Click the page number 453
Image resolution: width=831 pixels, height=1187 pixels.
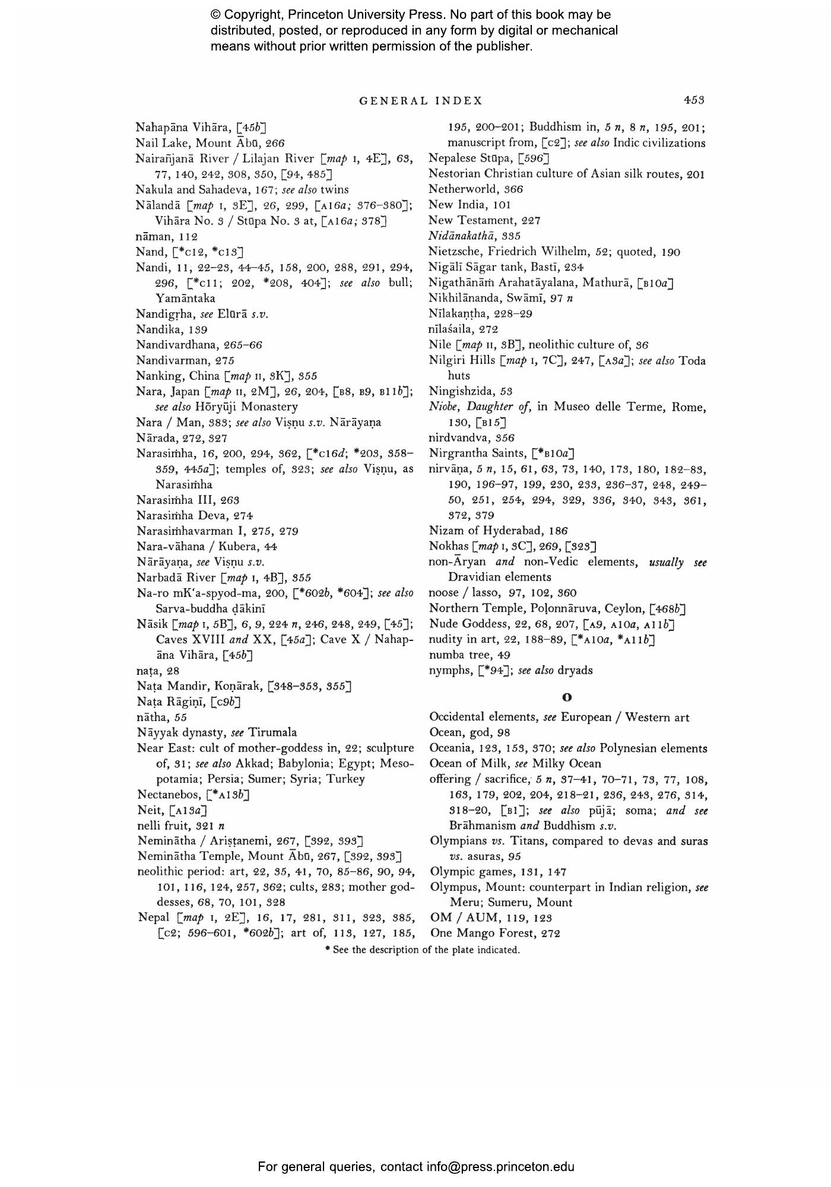click(x=693, y=100)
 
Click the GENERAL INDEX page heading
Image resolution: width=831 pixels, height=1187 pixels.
click(x=421, y=101)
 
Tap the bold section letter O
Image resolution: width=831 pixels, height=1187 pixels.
click(x=567, y=697)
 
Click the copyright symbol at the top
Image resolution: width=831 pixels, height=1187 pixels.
click(x=215, y=15)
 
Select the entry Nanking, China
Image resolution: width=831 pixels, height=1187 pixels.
click(x=177, y=376)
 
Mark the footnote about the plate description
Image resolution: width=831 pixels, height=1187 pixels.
click(x=422, y=950)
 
